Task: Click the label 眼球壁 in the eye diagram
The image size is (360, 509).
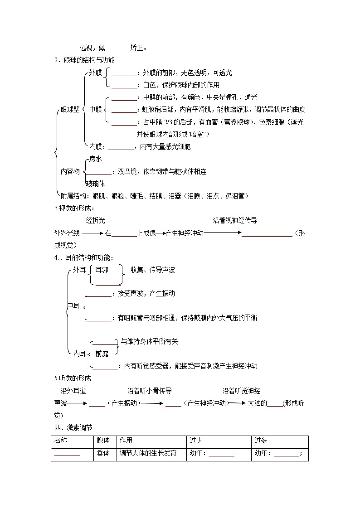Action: coord(70,109)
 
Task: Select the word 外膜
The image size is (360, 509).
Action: coord(95,73)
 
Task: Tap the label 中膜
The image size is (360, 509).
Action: coord(95,109)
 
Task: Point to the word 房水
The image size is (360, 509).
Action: coord(95,159)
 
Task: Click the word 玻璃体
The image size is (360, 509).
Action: coord(96,184)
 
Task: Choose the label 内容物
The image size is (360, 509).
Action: coord(70,171)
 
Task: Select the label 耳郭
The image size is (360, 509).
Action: coord(102,270)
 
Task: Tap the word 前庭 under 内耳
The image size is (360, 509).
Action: coord(102,354)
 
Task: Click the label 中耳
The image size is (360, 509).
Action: coord(73,306)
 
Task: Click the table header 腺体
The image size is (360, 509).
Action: coord(103,441)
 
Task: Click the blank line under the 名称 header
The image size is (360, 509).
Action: coord(67,455)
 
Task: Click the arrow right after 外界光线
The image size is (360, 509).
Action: coord(92,233)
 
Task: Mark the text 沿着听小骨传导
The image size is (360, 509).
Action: coord(150,391)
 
